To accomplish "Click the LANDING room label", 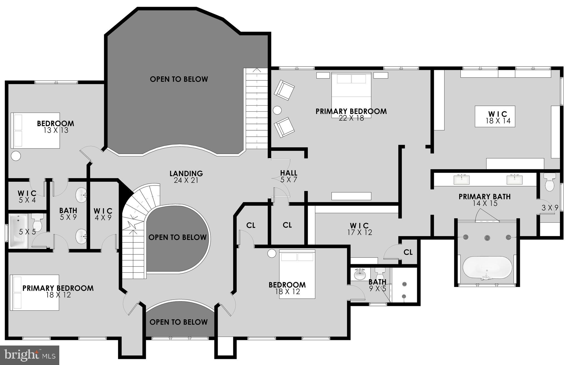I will (186, 174).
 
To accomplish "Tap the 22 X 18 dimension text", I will (351, 118).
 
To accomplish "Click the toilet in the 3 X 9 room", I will (550, 182).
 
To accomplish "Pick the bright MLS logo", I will (30, 355).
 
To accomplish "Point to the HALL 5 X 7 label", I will (289, 177).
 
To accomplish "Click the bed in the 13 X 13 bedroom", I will (35, 130).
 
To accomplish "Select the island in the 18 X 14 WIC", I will (495, 116).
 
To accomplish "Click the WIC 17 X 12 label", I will (359, 229).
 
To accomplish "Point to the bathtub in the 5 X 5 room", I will (18, 231).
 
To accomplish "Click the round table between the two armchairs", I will (277, 110).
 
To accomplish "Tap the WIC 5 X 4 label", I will (27, 197).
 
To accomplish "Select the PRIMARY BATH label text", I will (485, 197).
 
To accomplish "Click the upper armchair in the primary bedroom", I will (284, 90).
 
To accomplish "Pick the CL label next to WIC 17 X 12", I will (408, 252).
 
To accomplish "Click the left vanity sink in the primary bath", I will (461, 180).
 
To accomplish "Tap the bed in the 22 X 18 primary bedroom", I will (351, 95).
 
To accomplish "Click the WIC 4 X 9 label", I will (103, 214).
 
